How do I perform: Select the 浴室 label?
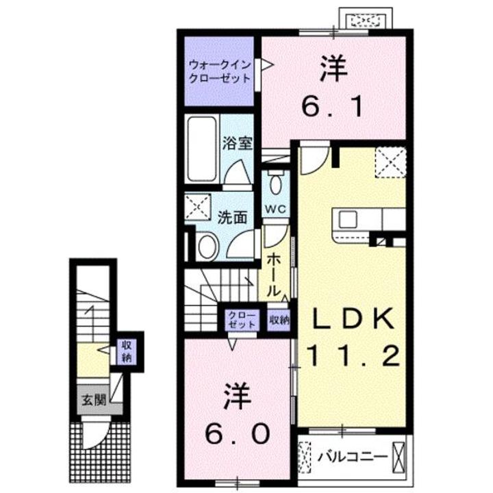click(x=238, y=143)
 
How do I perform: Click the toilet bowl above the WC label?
click(x=276, y=183)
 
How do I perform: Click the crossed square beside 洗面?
click(x=201, y=206)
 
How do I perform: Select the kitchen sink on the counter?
click(x=346, y=220)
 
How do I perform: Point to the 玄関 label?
click(x=94, y=401)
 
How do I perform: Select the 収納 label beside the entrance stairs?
click(x=127, y=351)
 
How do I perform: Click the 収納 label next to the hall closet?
click(x=279, y=319)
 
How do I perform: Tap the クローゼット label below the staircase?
click(x=243, y=319)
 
